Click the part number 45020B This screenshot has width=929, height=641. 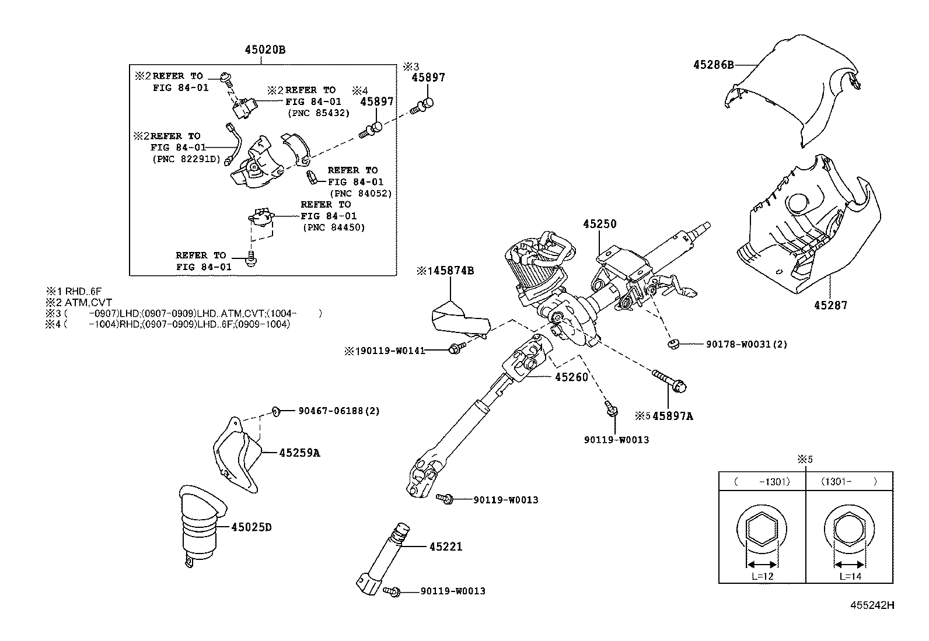pos(265,50)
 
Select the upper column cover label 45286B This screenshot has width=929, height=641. pos(713,65)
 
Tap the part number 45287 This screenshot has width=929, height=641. pos(832,305)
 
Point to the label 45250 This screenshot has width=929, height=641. pos(599,224)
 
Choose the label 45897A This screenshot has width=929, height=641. pos(672,416)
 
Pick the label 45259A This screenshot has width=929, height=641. pos(299,453)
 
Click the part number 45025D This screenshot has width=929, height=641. pos(251,527)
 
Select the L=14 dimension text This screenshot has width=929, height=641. pos(850,576)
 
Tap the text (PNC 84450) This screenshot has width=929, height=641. pos(333,227)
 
